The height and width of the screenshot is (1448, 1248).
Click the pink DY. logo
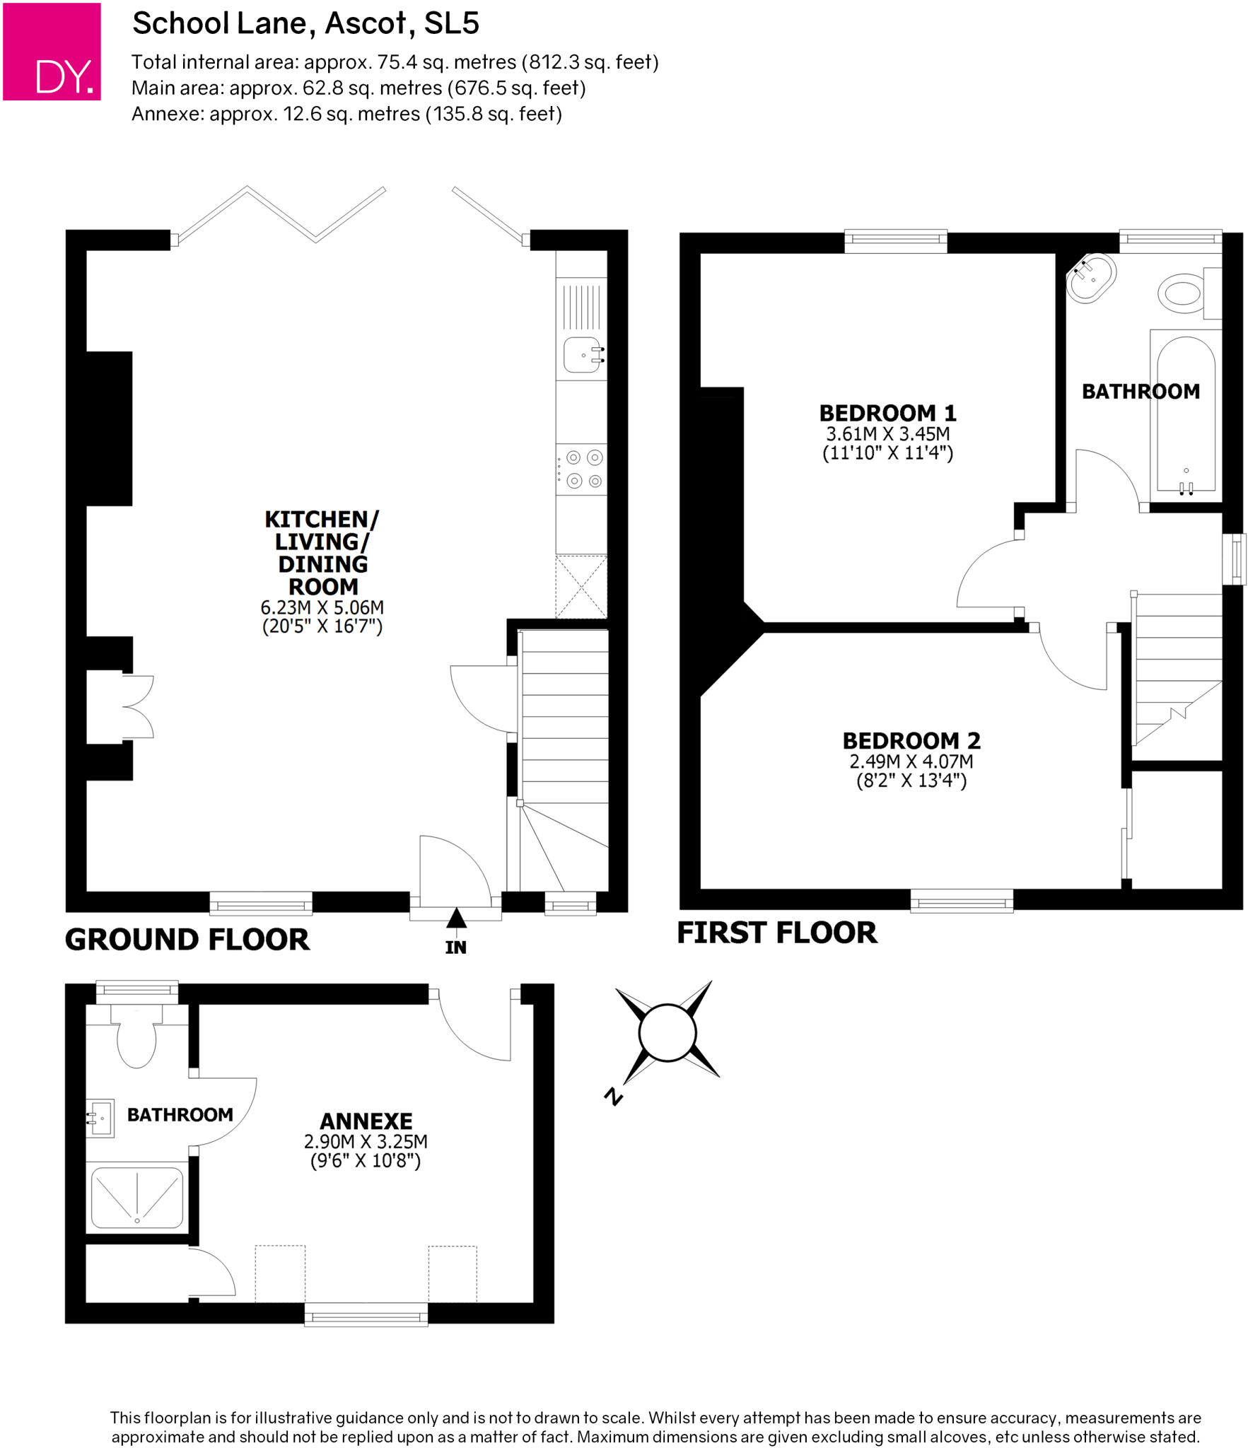(x=52, y=52)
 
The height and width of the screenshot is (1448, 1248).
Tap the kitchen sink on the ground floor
(x=583, y=355)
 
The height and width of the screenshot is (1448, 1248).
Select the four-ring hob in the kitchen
(x=583, y=469)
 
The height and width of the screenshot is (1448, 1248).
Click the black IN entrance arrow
(x=456, y=918)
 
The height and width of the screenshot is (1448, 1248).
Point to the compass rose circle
(x=667, y=1033)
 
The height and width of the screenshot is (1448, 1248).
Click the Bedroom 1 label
(x=887, y=413)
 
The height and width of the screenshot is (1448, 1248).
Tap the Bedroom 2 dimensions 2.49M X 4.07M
(x=911, y=761)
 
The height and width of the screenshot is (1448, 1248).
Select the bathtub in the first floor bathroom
(x=1185, y=416)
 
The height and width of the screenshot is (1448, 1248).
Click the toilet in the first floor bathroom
(x=1182, y=291)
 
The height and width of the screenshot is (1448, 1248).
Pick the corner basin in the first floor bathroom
(x=1092, y=278)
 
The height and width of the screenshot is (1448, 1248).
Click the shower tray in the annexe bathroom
(x=137, y=1198)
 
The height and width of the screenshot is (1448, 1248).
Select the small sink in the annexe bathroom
(x=100, y=1118)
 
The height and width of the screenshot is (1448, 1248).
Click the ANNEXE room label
(x=366, y=1121)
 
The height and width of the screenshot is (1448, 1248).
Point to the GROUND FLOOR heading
(x=187, y=940)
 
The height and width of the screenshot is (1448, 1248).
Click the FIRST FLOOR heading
(x=777, y=933)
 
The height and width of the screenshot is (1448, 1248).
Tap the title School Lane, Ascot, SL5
(x=305, y=23)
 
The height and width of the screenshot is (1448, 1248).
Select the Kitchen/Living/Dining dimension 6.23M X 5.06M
(x=322, y=607)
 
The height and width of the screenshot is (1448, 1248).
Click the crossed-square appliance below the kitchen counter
(x=581, y=586)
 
